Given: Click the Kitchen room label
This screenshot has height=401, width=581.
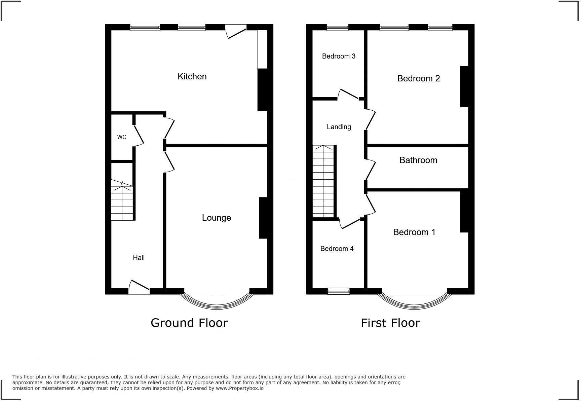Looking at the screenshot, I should pos(192,76).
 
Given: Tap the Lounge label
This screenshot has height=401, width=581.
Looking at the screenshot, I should pos(216,218).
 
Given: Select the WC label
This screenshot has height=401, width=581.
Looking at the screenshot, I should pos(122,137).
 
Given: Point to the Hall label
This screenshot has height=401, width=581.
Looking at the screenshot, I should pos(139,258).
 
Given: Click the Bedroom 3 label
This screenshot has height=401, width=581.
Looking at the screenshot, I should pos(339,56).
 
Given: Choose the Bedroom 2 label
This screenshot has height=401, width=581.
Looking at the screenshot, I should pos(418,78).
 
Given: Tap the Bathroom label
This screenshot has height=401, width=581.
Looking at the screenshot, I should pos(418,160).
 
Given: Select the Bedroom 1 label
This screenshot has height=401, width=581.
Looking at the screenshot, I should pos(414,232).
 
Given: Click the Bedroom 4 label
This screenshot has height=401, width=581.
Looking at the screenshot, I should pos(337,249).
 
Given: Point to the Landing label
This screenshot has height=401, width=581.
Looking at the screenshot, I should pos(339,127).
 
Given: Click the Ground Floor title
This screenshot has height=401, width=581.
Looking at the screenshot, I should pos(189,323).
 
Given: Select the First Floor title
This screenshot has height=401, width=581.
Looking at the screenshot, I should pos(390,323).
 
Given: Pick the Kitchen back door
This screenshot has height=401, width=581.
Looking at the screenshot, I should pos(236,31).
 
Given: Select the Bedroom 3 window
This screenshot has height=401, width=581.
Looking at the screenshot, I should pos(338,28).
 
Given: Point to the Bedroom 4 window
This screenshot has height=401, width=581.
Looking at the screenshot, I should pos(339,291).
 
